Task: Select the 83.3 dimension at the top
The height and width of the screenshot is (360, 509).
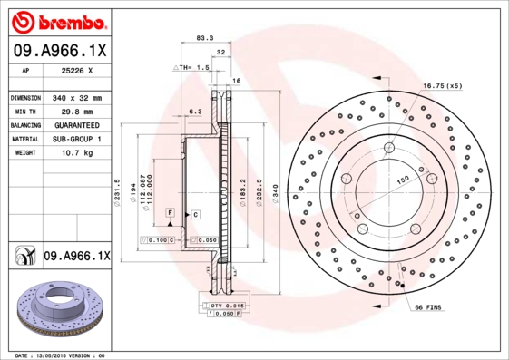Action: (204, 39)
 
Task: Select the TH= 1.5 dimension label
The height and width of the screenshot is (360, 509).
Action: (195, 67)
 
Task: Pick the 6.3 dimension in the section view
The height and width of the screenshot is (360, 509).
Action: (194, 112)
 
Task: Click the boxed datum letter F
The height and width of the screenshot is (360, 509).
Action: (169, 212)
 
